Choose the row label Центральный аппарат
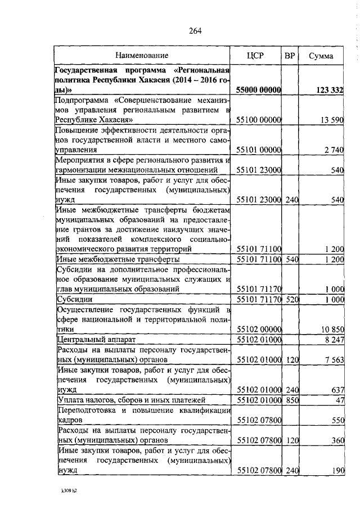click(x=92, y=340)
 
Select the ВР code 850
click(x=290, y=400)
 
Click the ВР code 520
click(x=290, y=300)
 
